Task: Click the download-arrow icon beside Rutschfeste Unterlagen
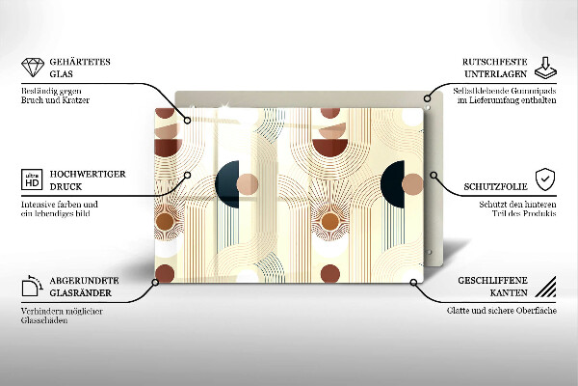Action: pos(544,66)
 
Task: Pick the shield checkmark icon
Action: pos(545,179)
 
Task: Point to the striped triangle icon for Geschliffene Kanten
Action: pos(545,287)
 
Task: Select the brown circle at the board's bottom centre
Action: pos(329,273)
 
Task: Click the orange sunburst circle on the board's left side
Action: pos(165,223)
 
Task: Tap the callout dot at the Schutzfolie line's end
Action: pos(433,177)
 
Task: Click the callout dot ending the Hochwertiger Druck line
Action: pos(188,176)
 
